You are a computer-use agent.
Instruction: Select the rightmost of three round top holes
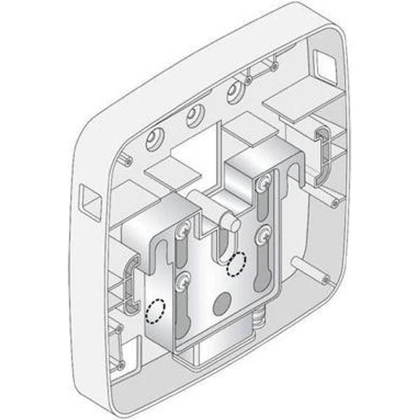235,92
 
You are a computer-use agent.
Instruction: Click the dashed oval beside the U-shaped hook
236,264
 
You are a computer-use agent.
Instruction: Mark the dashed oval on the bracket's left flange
155,311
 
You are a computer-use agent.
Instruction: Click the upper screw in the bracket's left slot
184,230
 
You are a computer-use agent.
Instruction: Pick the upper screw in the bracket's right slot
262,183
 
